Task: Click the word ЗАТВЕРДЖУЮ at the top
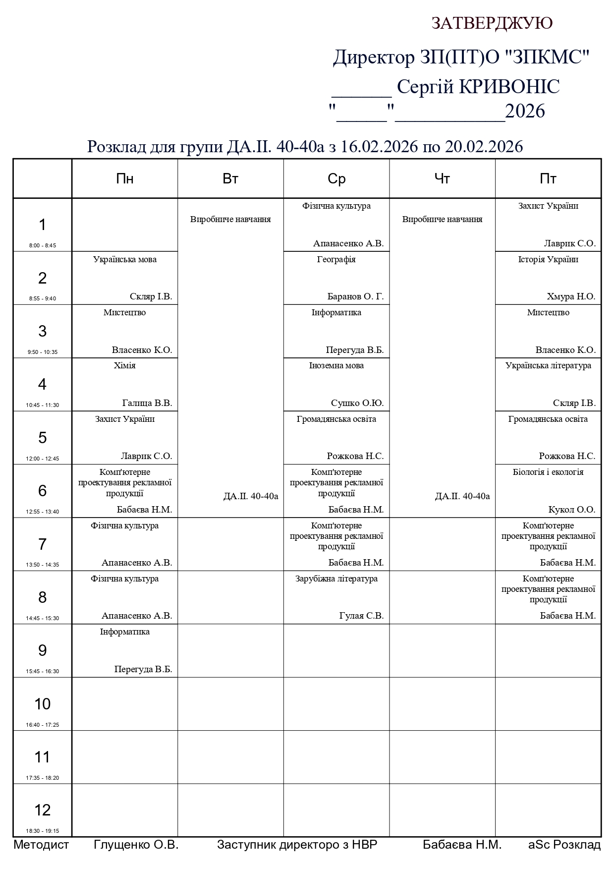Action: click(x=492, y=23)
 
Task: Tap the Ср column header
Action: click(x=336, y=179)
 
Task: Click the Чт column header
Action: click(x=442, y=179)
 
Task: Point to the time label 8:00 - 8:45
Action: click(x=42, y=245)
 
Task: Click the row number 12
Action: click(x=42, y=810)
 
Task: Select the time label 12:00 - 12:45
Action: click(x=42, y=459)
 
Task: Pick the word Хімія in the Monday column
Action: click(x=125, y=366)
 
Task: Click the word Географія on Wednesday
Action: click(x=336, y=259)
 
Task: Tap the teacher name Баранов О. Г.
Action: click(x=355, y=297)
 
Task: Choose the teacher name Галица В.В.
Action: click(x=147, y=404)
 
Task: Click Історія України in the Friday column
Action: click(x=548, y=259)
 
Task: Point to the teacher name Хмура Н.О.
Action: click(x=571, y=297)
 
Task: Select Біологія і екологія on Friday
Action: click(x=548, y=472)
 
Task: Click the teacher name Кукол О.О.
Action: click(x=571, y=510)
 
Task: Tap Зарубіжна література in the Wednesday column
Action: click(x=336, y=579)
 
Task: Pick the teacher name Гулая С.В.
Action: click(x=361, y=616)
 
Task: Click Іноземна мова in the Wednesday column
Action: click(x=336, y=366)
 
